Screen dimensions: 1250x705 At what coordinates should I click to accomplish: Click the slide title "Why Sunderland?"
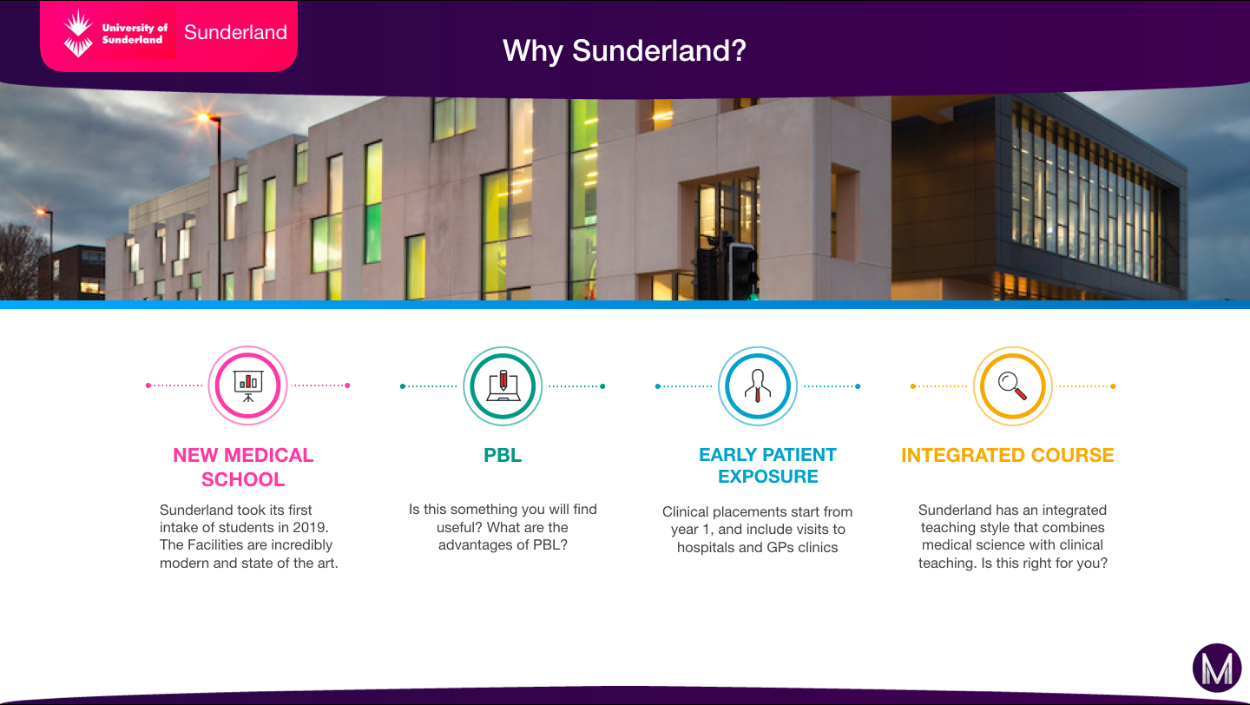pos(624,51)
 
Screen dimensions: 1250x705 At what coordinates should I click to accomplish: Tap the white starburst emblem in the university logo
pos(77,34)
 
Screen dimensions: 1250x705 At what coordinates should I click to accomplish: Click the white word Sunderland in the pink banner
pos(235,32)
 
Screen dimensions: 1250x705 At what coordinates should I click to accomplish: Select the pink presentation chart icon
pos(247,385)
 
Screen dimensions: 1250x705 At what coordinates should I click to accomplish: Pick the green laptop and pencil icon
pos(503,385)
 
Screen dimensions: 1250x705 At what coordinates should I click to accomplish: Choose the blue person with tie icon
pos(758,385)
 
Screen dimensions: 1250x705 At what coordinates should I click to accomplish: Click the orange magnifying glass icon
pos(1013,385)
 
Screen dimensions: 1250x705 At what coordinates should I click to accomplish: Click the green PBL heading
pos(503,456)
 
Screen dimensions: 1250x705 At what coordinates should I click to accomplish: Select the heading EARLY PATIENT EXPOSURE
pos(768,465)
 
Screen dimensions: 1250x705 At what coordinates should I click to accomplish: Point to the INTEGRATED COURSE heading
pos(1008,456)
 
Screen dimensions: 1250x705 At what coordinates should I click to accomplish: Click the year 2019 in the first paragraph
pos(310,528)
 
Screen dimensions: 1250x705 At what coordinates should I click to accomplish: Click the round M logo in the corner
pos(1217,668)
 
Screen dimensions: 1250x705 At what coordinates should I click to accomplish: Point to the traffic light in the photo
pos(742,272)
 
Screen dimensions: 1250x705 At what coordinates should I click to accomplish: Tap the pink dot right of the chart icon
pos(347,385)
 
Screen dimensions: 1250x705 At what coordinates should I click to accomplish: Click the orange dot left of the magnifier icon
pos(913,386)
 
